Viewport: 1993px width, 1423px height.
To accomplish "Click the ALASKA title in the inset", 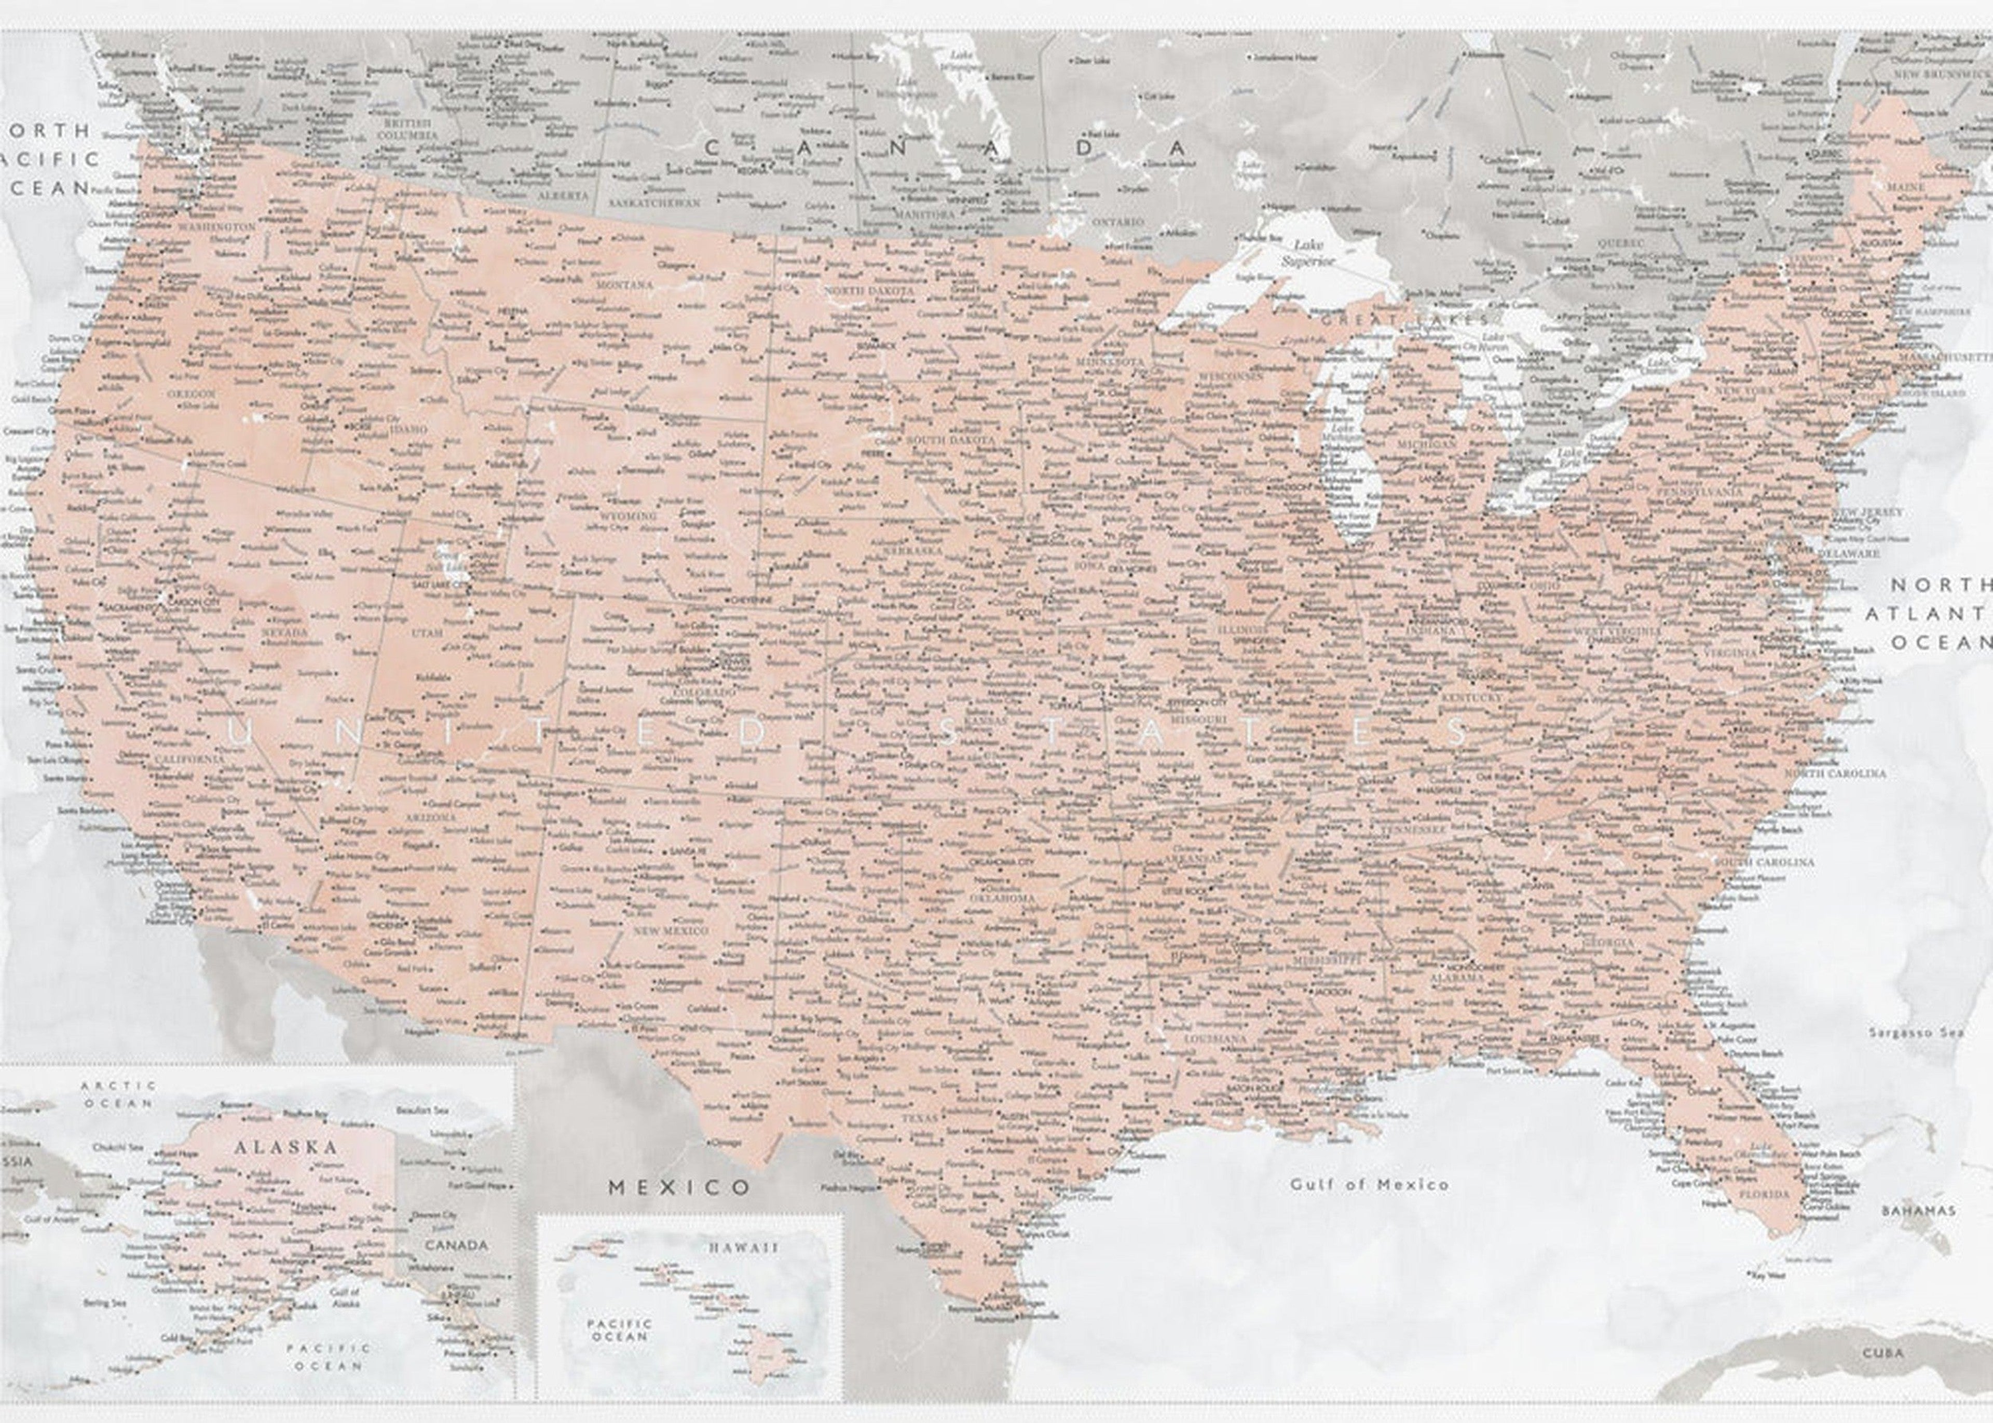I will point(285,1147).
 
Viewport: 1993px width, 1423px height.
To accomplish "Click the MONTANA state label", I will point(624,285).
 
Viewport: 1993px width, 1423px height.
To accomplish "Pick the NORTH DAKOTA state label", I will point(868,290).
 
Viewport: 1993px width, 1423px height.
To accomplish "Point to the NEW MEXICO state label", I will point(671,930).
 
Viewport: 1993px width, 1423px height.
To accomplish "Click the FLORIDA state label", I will point(1764,1194).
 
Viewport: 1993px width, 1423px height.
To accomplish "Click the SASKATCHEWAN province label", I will point(654,202).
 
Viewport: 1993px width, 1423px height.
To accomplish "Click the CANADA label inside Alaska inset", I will point(456,1245).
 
